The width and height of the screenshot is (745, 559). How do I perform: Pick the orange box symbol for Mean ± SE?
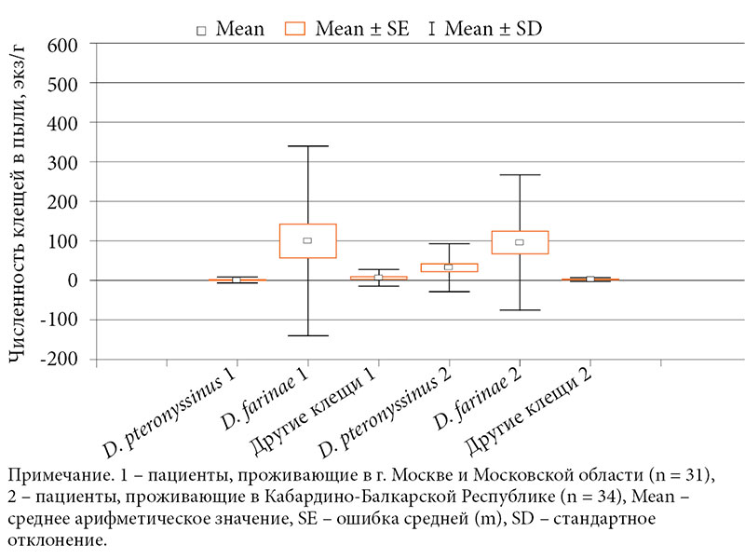pyautogui.click(x=295, y=29)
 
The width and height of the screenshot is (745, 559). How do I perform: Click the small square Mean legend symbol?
pyautogui.click(x=200, y=30)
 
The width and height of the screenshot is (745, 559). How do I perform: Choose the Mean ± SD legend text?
pyautogui.click(x=494, y=29)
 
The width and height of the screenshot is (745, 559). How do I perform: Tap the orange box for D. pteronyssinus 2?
pyautogui.click(x=449, y=267)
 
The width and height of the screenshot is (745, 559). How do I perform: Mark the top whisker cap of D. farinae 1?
pyautogui.click(x=307, y=146)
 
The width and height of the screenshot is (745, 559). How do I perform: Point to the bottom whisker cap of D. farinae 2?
pyautogui.click(x=520, y=310)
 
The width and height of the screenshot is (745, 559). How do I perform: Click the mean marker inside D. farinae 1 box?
pyautogui.click(x=307, y=240)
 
